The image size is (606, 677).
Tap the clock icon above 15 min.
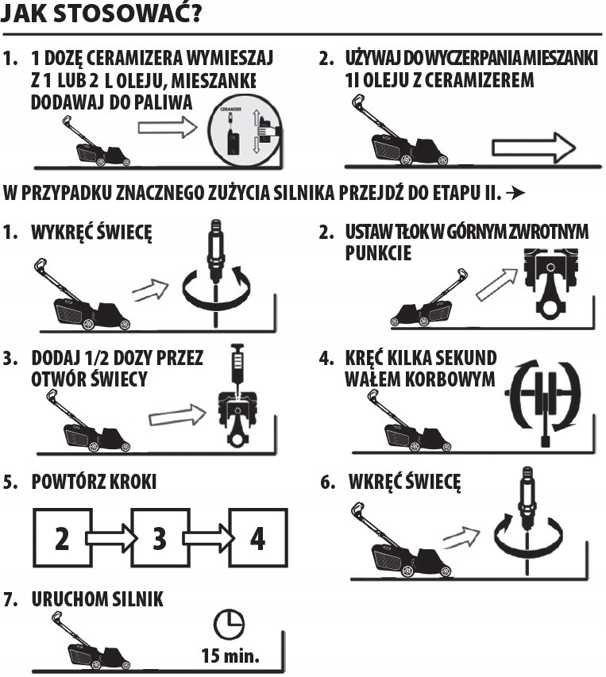[229, 625]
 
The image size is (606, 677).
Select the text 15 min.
[230, 656]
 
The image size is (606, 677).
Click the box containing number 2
[63, 537]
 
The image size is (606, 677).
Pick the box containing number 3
[160, 537]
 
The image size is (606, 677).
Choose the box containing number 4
[258, 537]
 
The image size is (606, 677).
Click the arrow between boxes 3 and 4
[209, 538]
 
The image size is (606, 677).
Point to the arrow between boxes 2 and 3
[111, 538]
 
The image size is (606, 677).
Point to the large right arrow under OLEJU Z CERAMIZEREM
[534, 148]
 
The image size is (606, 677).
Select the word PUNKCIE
[378, 253]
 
